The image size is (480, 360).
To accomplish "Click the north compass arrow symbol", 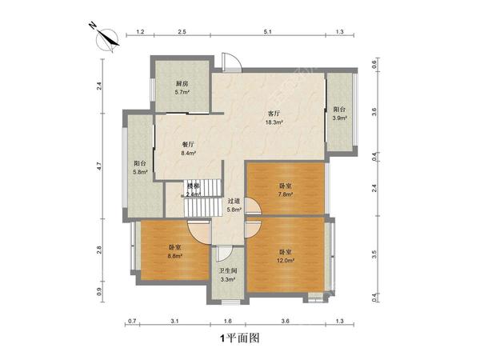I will [x=107, y=36].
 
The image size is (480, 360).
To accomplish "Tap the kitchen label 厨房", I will [x=182, y=84].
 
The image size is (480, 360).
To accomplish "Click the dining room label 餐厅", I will [x=189, y=144].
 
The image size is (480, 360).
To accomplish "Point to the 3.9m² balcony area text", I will [x=339, y=118].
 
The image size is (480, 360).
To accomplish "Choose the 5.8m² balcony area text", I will [x=141, y=172].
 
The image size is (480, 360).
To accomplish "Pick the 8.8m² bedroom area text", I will [x=174, y=256].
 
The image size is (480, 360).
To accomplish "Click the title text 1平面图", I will [x=239, y=338].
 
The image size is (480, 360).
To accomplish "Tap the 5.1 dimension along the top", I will [x=267, y=32].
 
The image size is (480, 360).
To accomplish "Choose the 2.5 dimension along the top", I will [x=182, y=32].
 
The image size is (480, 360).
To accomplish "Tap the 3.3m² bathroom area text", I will [x=228, y=279].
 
